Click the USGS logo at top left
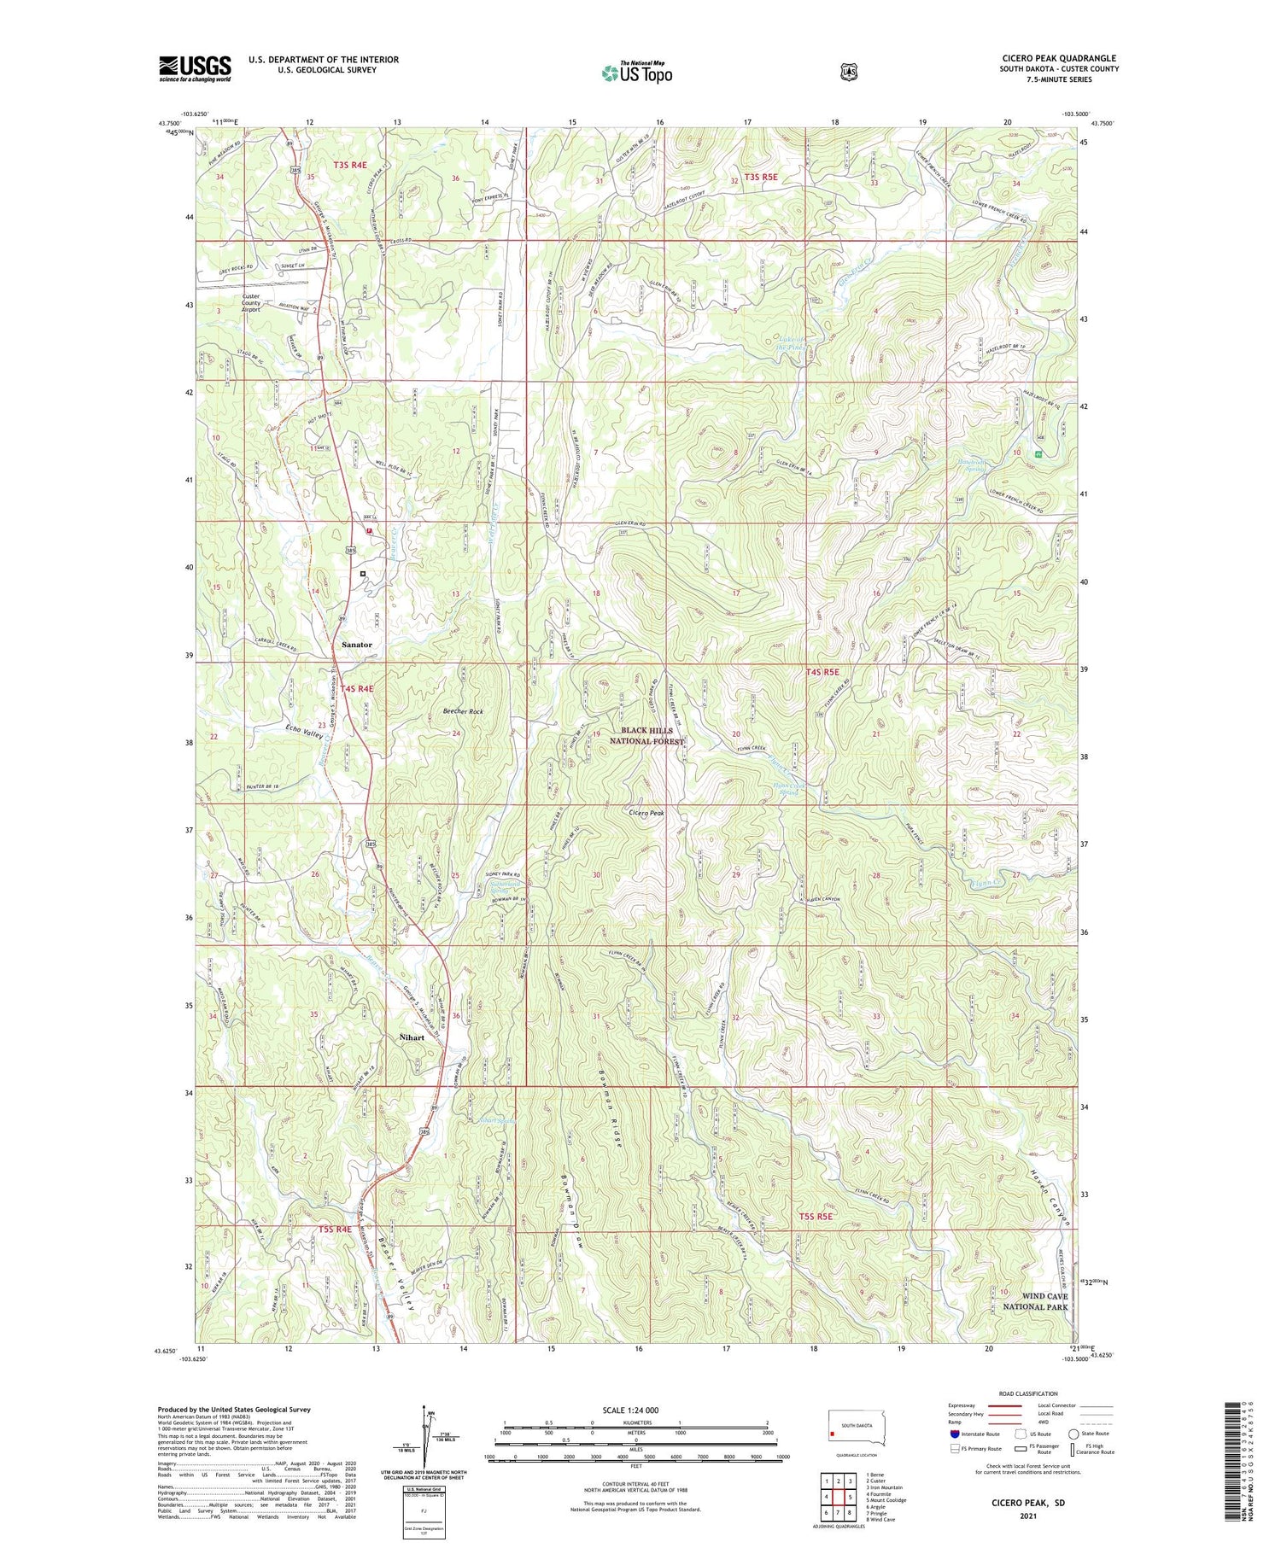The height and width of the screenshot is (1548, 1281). [195, 68]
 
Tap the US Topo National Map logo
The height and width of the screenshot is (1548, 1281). [636, 73]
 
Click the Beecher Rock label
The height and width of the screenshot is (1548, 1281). [463, 711]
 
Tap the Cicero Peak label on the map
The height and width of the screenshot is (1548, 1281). [646, 814]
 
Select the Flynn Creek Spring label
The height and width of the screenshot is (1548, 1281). [785, 788]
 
